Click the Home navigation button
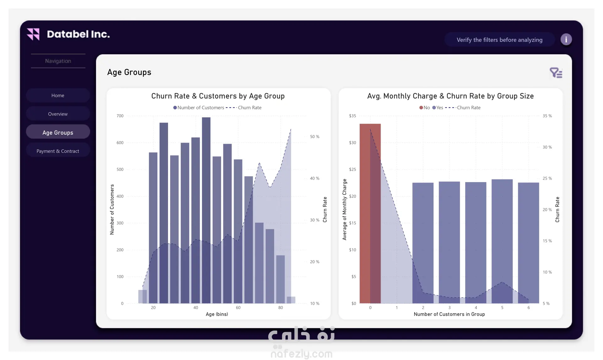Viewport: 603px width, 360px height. (58, 95)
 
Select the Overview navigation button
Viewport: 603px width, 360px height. (58, 114)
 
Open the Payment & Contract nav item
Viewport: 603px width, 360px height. (58, 151)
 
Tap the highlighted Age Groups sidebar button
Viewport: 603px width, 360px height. (58, 132)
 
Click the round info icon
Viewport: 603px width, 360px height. (566, 40)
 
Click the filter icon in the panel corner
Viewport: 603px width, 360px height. (556, 73)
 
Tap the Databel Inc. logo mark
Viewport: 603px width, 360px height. (33, 34)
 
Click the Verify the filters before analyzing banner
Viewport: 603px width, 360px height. (499, 40)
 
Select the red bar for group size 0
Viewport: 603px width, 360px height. (370, 213)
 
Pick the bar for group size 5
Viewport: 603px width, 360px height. (502, 241)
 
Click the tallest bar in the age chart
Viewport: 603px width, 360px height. (206, 210)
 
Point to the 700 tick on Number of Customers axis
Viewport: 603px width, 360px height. (120, 116)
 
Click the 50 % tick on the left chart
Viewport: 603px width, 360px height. (314, 137)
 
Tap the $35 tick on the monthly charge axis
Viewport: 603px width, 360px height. (352, 116)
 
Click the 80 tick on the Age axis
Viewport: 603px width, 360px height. (280, 308)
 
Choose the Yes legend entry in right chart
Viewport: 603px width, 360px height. (437, 108)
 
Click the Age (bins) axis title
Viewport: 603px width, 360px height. (217, 314)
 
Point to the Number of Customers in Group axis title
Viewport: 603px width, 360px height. (449, 314)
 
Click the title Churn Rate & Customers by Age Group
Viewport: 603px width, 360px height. (218, 96)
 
